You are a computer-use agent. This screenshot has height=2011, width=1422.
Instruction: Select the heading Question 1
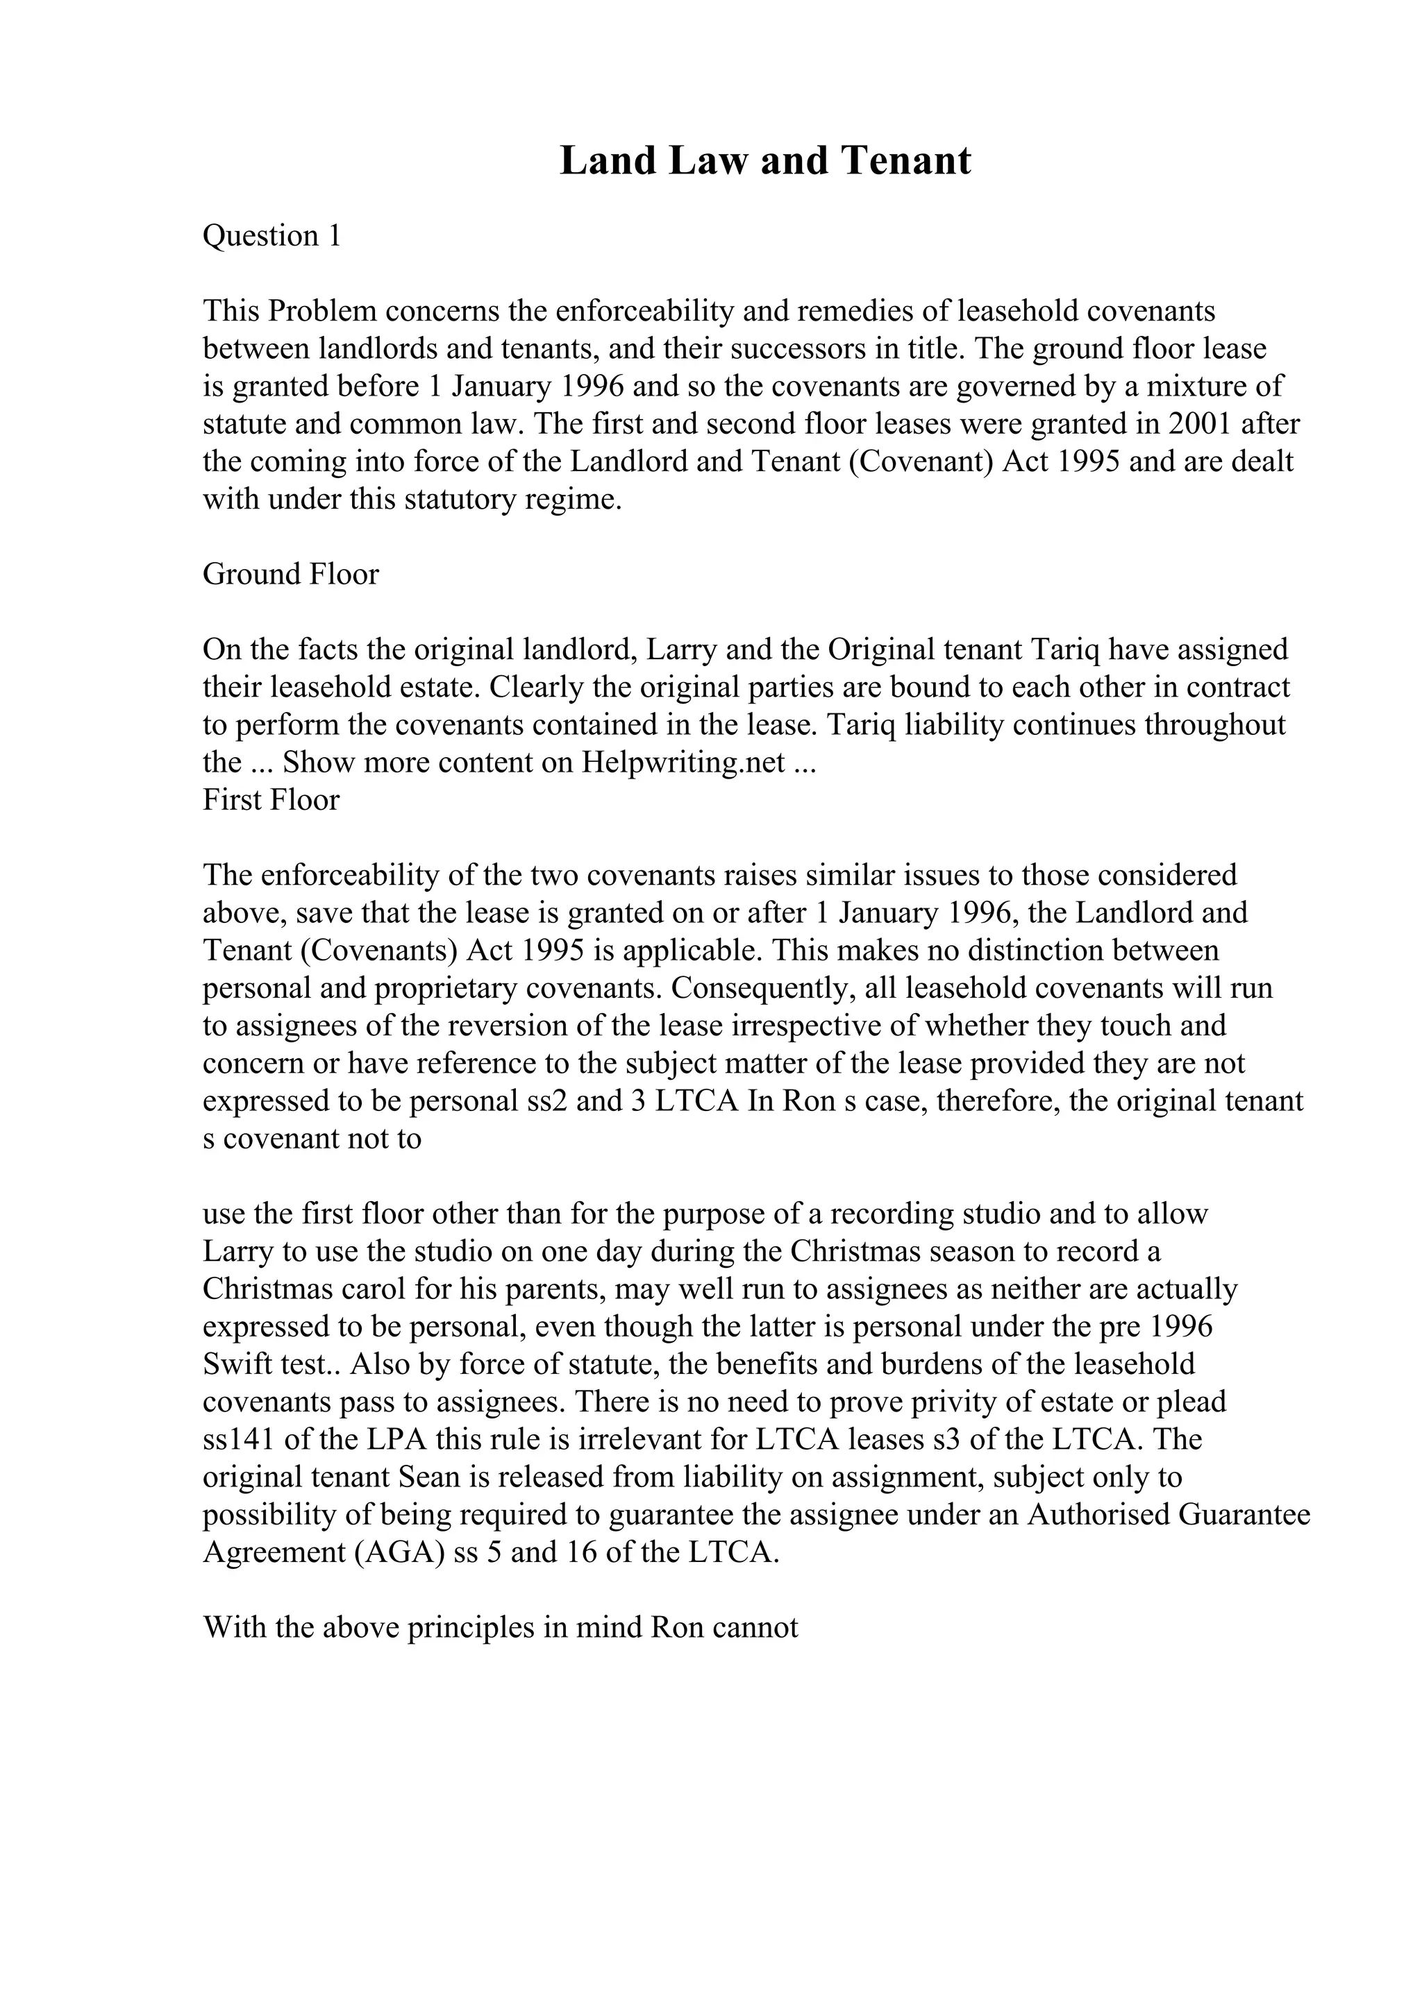(271, 236)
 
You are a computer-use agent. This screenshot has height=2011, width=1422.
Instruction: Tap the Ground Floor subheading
(291, 575)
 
